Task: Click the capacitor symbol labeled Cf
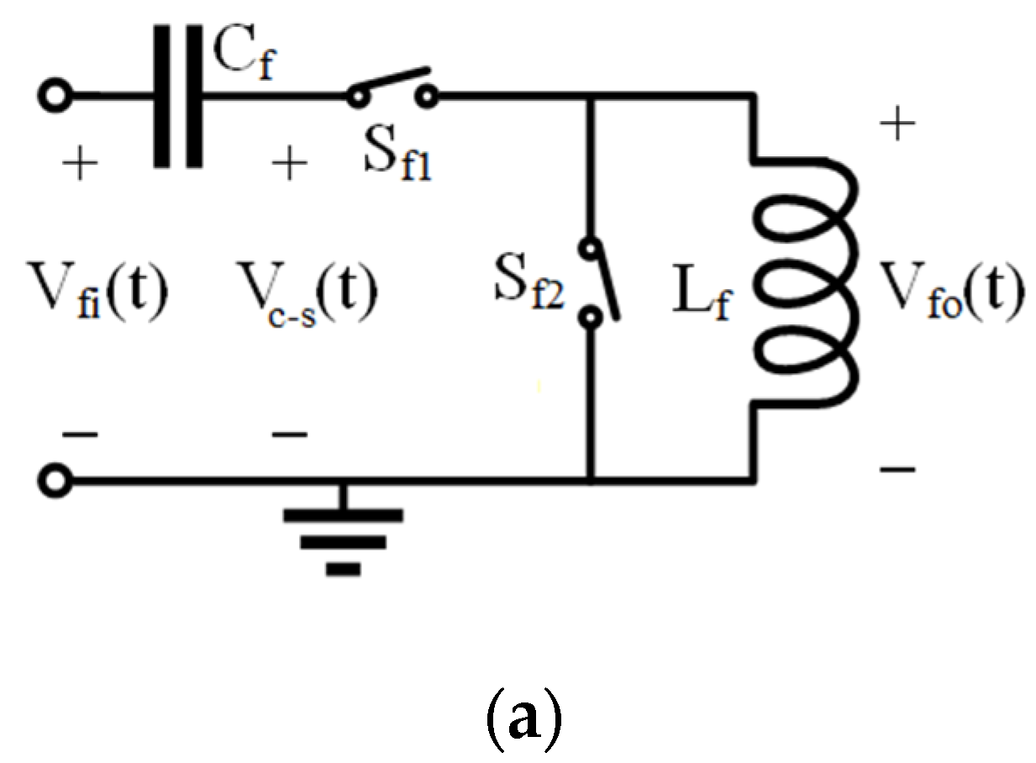(x=178, y=96)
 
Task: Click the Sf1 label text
(x=394, y=160)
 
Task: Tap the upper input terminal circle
(x=56, y=96)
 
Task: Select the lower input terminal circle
(x=56, y=481)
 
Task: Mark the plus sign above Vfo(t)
(x=898, y=127)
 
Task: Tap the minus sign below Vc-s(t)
(x=290, y=435)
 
